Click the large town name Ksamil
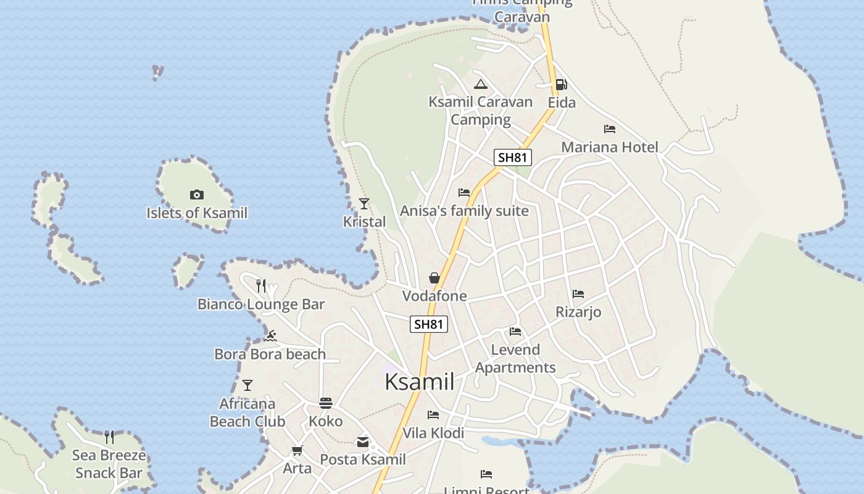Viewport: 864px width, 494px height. click(420, 382)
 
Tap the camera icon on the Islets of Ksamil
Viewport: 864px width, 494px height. click(197, 195)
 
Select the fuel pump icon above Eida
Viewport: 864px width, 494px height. click(561, 85)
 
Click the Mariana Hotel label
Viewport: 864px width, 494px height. click(609, 147)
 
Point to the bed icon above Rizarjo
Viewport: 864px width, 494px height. click(578, 294)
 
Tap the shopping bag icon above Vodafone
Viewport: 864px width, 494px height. click(434, 278)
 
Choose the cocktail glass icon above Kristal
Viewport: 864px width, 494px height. click(364, 204)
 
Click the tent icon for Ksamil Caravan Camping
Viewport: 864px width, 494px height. click(481, 85)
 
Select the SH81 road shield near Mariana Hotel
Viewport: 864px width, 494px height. click(513, 157)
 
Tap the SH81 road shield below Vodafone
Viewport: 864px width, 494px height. click(428, 324)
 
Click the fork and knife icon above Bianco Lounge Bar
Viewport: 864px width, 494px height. click(261, 285)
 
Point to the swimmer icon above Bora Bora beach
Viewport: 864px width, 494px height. click(270, 337)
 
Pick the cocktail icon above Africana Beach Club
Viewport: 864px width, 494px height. click(247, 385)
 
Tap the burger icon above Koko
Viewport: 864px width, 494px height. click(326, 403)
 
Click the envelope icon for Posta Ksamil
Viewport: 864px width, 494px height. click(363, 442)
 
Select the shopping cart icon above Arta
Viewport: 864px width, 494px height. click(297, 450)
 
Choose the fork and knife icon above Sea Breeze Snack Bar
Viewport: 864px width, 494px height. click(109, 437)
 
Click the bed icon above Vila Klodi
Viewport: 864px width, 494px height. click(433, 415)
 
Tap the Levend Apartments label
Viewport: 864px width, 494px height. click(515, 359)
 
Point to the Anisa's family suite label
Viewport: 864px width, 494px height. click(464, 211)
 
